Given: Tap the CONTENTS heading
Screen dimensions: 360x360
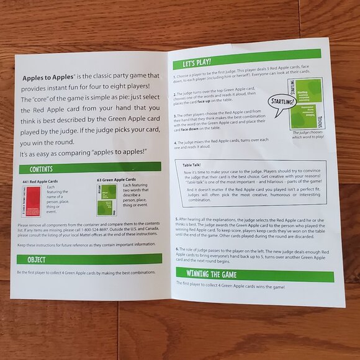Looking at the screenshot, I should (41, 169).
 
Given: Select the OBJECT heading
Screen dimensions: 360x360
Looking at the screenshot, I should (36, 259).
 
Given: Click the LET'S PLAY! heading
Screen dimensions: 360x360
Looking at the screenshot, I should (197, 63).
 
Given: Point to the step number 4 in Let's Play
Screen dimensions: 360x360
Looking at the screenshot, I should (175, 142).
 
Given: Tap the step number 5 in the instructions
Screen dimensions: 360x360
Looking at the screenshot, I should (177, 218).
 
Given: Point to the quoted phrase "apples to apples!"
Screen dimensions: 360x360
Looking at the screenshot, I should (115, 153).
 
